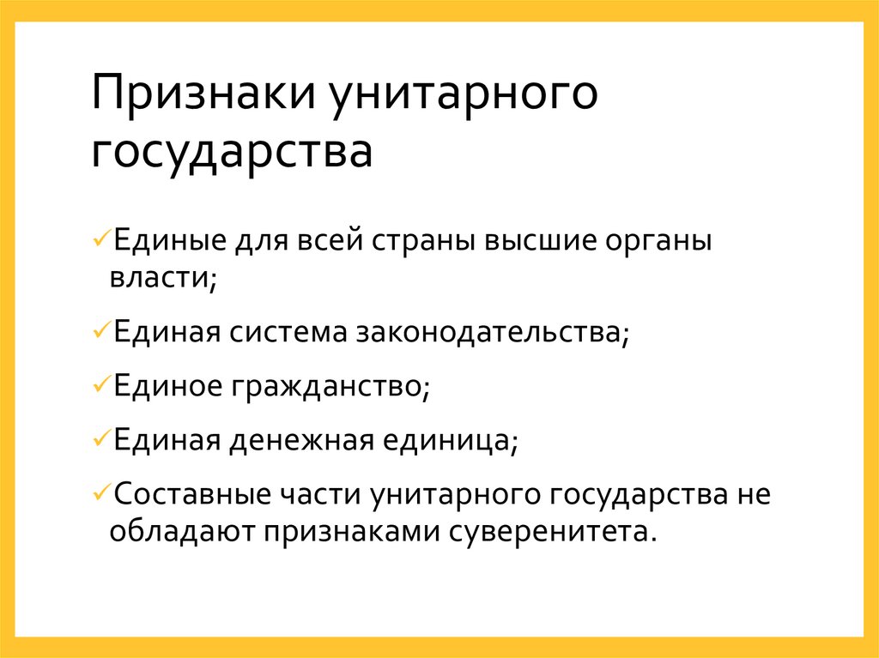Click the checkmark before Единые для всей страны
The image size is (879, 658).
pyautogui.click(x=100, y=237)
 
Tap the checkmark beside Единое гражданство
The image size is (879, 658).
pyautogui.click(x=100, y=383)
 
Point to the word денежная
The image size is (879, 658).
pyautogui.click(x=300, y=441)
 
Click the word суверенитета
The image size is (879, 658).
pyautogui.click(x=552, y=532)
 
